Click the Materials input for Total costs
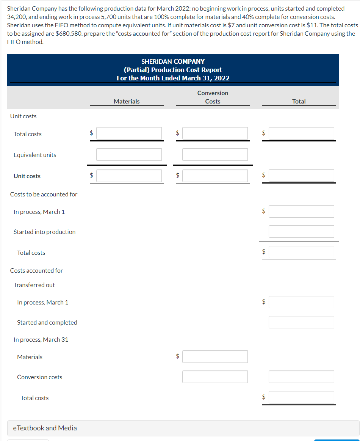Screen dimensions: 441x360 [129, 133]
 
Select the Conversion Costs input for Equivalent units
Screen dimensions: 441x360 [215, 154]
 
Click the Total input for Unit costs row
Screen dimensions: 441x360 [301, 175]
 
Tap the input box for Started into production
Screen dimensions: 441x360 [301, 231]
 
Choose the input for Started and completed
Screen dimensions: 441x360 [301, 322]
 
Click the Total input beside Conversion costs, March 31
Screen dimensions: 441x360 [301, 377]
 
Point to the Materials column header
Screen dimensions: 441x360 [127, 101]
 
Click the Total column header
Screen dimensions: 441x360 [299, 101]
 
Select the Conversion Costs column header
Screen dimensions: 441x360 [213, 97]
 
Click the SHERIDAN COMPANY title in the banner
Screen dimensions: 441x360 [173, 61]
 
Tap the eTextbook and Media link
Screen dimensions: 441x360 [45, 428]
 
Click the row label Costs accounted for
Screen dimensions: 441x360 [36, 270]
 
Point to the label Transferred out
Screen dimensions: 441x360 [34, 285]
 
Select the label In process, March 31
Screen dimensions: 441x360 [41, 339]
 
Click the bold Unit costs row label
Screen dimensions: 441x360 [27, 176]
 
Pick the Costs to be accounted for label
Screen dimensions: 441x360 [44, 194]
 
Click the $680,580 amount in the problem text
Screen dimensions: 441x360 [69, 33]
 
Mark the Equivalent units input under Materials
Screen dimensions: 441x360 [129, 154]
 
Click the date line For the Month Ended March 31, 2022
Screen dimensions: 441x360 [173, 78]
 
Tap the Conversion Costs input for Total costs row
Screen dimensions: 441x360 [215, 133]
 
